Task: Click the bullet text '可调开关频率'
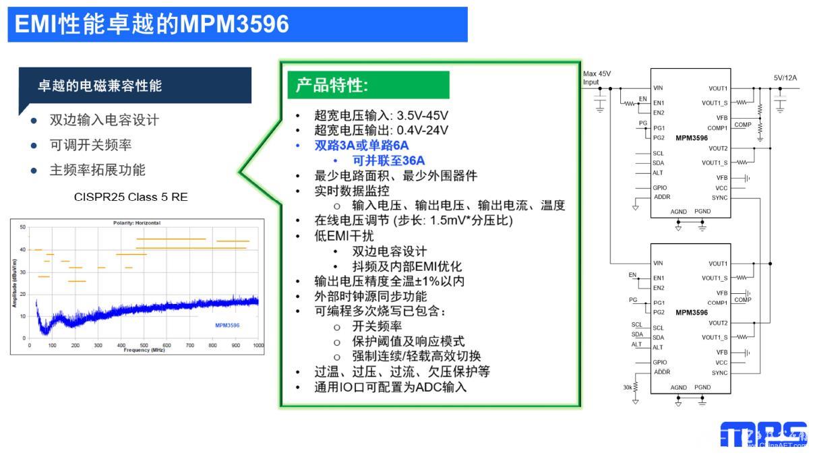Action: click(90, 145)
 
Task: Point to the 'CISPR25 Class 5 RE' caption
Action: click(131, 197)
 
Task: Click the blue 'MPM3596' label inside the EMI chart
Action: click(227, 326)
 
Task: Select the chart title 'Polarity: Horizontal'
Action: click(136, 222)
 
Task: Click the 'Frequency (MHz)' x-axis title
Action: click(144, 350)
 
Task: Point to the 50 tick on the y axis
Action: click(23, 227)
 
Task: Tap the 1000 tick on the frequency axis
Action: click(258, 345)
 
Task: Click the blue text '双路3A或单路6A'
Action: click(361, 146)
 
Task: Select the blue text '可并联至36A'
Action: click(388, 160)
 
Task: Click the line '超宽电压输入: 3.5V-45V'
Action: click(382, 115)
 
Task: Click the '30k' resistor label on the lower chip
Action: click(628, 388)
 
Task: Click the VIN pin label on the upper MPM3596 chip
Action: click(659, 88)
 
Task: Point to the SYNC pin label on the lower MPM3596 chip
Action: click(719, 373)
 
